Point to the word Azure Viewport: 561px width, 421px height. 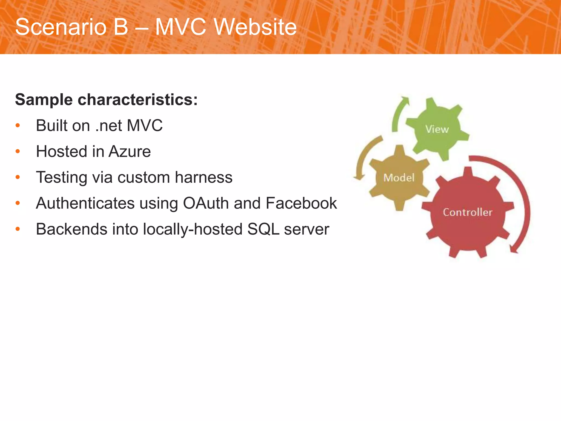[x=130, y=152]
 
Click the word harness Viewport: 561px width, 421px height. [x=204, y=177]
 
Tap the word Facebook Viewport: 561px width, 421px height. [x=301, y=203]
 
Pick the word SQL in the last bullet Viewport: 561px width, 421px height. [x=263, y=229]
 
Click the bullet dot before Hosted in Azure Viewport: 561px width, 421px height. [x=18, y=152]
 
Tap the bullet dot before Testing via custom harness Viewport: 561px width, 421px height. [x=18, y=177]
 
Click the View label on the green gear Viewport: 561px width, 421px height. [x=437, y=129]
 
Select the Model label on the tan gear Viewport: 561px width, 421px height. [x=399, y=178]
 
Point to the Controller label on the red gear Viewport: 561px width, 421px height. [x=468, y=212]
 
